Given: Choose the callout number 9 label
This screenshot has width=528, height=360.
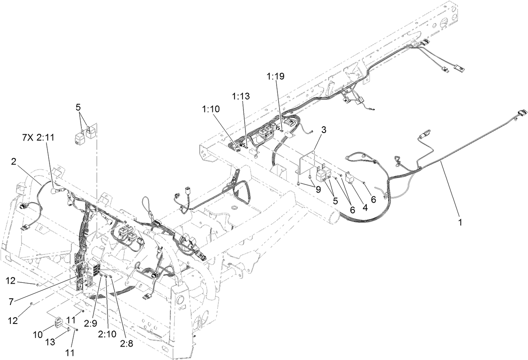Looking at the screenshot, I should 318,189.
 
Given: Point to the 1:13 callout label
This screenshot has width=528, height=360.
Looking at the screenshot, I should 240,97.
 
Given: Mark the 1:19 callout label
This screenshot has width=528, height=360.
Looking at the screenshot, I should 275,76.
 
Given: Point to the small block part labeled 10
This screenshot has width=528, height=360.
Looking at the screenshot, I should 59,323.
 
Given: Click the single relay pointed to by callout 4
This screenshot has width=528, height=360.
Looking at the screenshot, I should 349,179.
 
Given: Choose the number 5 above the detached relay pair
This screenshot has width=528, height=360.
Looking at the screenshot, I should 78,107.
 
